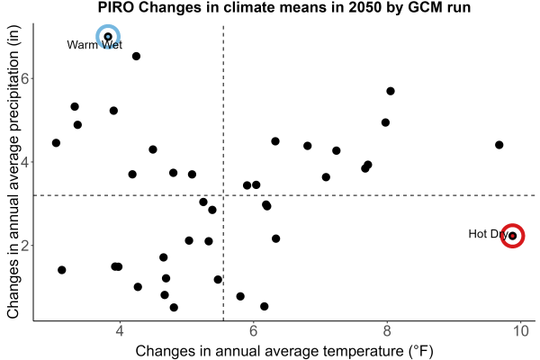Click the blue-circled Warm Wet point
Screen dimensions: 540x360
point(108,37)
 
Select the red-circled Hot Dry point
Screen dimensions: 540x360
point(512,236)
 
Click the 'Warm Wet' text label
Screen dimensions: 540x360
point(94,45)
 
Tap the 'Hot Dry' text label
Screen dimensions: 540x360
point(488,234)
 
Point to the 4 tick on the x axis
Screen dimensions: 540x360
point(120,331)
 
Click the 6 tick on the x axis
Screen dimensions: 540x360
point(253,331)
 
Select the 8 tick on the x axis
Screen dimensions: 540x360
point(387,331)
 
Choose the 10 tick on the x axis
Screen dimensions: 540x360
point(520,331)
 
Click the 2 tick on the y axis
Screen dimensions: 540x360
point(25,246)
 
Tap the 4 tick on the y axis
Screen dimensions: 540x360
point(25,162)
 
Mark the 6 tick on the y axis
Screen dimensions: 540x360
point(25,78)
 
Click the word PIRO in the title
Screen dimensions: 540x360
point(116,7)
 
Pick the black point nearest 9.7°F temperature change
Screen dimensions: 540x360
point(499,145)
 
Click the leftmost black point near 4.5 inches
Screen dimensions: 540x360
point(56,142)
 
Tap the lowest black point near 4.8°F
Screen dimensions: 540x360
point(174,307)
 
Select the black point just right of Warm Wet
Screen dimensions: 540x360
point(136,56)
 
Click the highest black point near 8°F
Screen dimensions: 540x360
point(391,91)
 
